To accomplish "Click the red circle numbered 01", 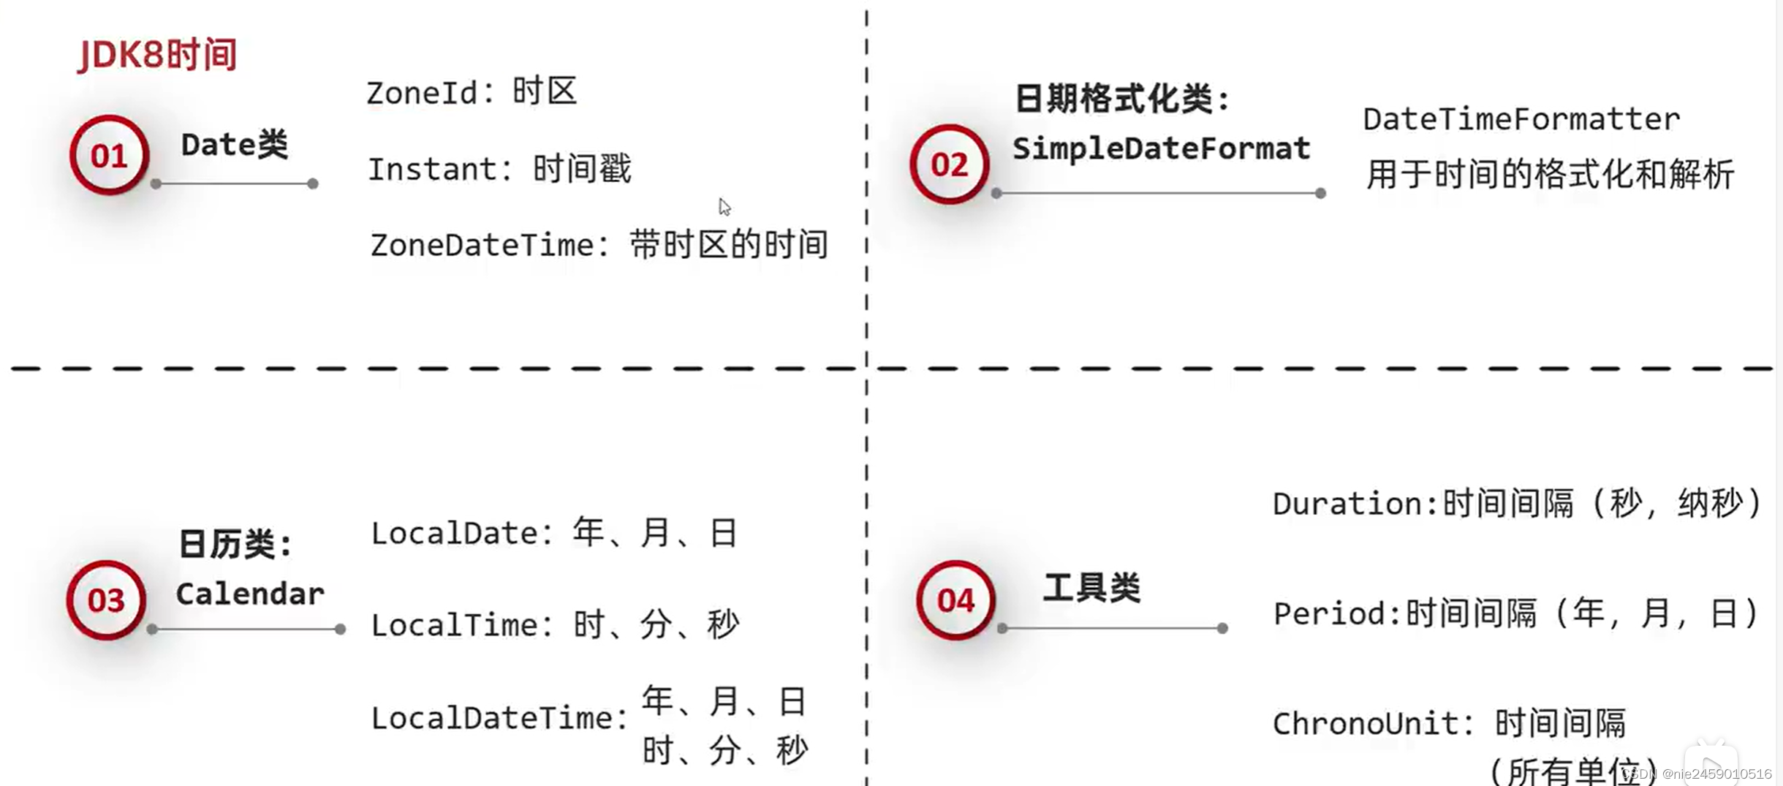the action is (109, 155).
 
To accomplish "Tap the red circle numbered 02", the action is (949, 164).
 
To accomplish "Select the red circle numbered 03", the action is (106, 600).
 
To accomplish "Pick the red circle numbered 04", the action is (955, 600).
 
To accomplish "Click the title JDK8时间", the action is (157, 55).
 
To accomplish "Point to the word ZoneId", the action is (422, 94).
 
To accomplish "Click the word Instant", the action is (432, 170).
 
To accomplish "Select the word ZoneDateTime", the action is (482, 245).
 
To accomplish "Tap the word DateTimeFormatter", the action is (1521, 119).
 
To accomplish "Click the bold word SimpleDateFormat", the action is (1161, 148).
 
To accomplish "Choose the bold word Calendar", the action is (250, 594).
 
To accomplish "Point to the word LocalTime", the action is (454, 625).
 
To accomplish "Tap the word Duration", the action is (1346, 505).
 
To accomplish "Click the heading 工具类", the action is (1091, 588).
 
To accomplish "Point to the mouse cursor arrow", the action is (724, 206).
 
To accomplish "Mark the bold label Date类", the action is (234, 145).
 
